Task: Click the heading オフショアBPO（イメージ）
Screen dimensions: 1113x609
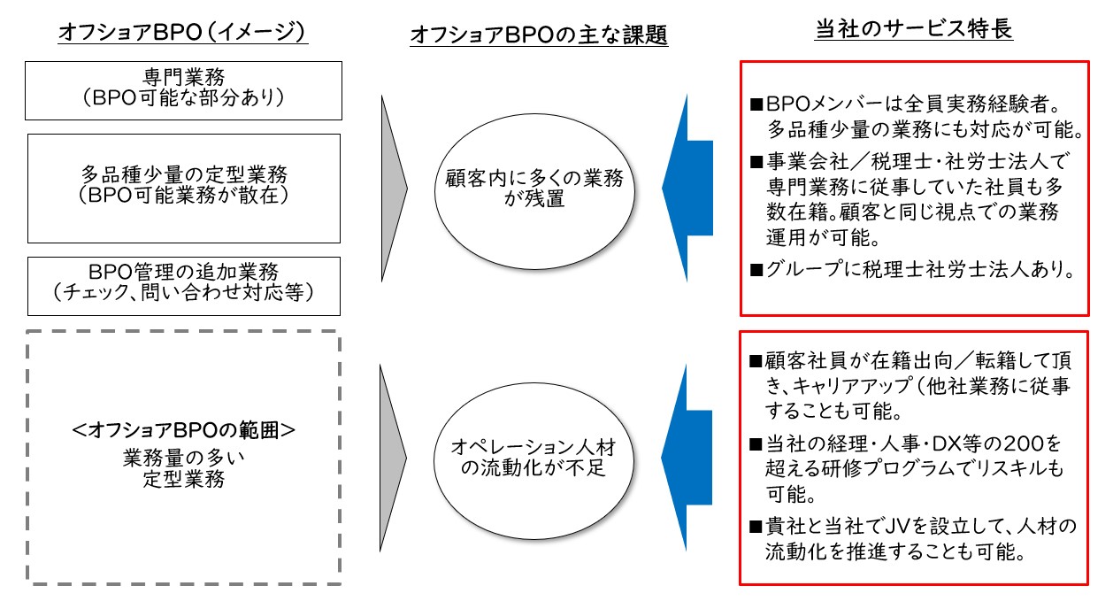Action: click(182, 32)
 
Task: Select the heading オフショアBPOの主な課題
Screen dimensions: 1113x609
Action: click(539, 35)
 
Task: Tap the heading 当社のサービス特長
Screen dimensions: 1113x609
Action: click(913, 29)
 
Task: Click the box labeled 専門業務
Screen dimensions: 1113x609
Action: click(183, 90)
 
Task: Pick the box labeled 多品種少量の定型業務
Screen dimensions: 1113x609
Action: click(184, 189)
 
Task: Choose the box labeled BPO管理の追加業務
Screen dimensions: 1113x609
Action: click(184, 287)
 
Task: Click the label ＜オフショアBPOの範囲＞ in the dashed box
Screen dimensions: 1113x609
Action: click(183, 430)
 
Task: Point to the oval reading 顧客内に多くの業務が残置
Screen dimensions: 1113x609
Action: click(534, 191)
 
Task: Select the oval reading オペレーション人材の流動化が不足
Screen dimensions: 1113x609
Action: click(534, 461)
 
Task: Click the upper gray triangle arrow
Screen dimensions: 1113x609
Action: click(393, 189)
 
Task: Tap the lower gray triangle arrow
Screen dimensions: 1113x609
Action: click(392, 458)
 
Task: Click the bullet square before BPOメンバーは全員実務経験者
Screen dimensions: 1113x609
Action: click(756, 104)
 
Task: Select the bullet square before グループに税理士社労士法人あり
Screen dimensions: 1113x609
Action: click(756, 270)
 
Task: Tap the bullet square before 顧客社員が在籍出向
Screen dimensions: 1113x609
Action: click(756, 361)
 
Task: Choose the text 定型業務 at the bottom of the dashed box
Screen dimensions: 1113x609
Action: click(184, 479)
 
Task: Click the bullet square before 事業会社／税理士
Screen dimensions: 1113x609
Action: click(756, 162)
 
